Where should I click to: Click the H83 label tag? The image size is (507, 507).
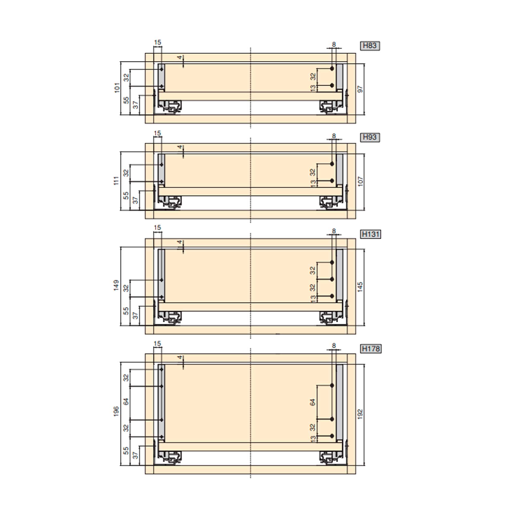click(x=370, y=46)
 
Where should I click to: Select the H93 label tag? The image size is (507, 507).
click(x=370, y=137)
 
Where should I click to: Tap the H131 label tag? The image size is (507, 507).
click(x=371, y=234)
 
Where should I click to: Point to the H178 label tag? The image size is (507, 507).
click(x=371, y=349)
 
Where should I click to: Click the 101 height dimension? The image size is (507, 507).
click(x=117, y=87)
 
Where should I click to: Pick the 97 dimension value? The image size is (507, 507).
click(x=360, y=89)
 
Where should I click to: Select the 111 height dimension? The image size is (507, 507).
click(x=116, y=180)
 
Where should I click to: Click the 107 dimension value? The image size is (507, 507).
click(x=360, y=181)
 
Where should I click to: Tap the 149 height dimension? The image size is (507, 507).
click(x=116, y=285)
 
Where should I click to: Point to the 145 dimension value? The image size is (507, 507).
click(x=360, y=287)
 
